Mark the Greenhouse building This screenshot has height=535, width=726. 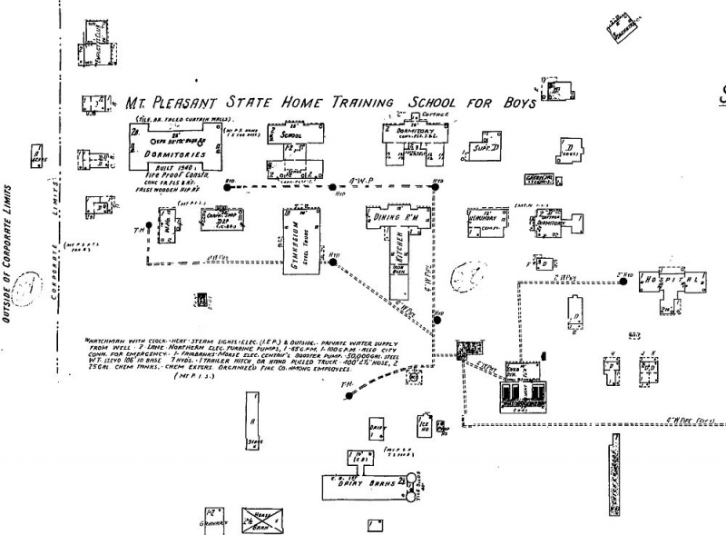click(x=539, y=179)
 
